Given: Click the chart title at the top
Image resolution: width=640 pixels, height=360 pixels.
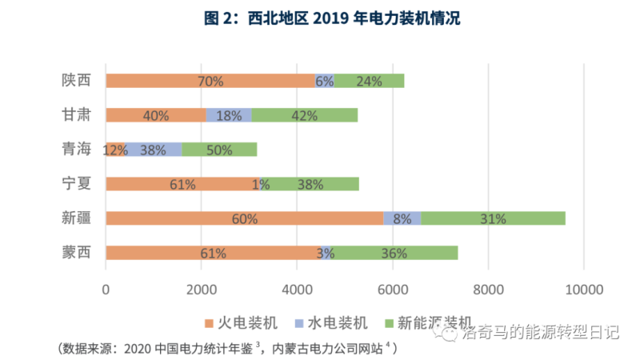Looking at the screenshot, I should pyautogui.click(x=320, y=18).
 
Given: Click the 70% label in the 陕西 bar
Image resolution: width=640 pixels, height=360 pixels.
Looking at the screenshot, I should pyautogui.click(x=210, y=81).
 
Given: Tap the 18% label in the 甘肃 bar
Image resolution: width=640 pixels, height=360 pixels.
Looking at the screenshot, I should pyautogui.click(x=229, y=115).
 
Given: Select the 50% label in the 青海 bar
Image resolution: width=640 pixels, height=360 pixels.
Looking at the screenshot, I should pyautogui.click(x=219, y=150).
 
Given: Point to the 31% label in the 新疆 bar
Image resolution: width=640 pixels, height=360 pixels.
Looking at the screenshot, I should pyautogui.click(x=493, y=218).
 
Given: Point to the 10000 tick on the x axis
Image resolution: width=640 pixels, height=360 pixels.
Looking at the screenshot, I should pyautogui.click(x=586, y=290).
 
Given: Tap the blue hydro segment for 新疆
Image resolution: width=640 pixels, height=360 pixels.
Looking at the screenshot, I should pyautogui.click(x=402, y=218).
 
